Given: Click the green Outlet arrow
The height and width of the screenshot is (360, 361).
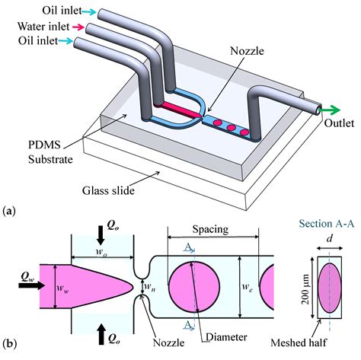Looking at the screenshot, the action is point(330,110).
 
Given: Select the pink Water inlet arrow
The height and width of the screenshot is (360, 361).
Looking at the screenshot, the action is point(78,27).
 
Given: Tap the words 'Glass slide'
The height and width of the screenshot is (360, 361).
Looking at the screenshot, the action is point(108,190).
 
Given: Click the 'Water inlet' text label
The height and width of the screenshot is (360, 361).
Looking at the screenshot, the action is point(43,27).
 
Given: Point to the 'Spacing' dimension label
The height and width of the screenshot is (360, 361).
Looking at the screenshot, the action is point(210,229).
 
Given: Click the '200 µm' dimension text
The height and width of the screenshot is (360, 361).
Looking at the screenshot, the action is point(305,289).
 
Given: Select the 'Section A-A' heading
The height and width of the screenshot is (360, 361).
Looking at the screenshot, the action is point(327,224).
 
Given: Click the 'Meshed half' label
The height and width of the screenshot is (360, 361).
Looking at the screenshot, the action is point(299,342).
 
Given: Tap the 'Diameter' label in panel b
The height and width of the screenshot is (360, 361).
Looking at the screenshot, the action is point(226,337).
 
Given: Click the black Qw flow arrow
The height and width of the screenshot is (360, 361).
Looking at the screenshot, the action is point(32,285).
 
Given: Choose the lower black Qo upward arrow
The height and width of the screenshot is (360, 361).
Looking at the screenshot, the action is point(101,334).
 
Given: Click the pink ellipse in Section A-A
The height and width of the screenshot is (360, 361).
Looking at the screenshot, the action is point(329,288).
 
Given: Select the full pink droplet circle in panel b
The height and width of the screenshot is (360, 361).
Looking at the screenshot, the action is point(194,287).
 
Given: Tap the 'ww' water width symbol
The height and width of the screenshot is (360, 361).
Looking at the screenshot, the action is point(63,288).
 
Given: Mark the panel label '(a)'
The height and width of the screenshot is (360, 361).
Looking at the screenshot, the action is point(9,211).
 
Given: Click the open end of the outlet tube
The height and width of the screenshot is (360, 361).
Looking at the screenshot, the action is point(318,110).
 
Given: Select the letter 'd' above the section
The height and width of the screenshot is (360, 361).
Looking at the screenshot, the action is point(330,239).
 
